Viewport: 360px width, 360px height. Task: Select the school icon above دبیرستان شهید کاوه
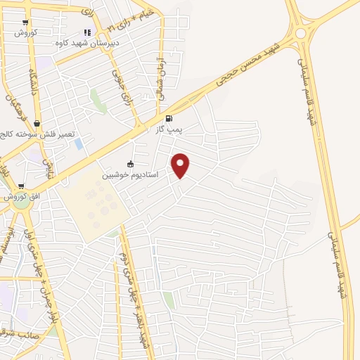coord(87,32)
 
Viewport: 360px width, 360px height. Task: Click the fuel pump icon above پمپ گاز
coord(168,119)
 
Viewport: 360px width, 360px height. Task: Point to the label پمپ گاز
coord(169,129)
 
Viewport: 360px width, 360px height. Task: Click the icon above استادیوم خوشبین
coord(131,164)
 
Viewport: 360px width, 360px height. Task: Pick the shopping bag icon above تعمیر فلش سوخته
coord(37,124)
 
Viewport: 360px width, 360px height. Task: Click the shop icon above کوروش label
coord(25,23)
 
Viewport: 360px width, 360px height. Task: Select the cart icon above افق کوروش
coord(21,187)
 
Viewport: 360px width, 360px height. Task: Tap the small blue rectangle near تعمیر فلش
coord(78,144)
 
